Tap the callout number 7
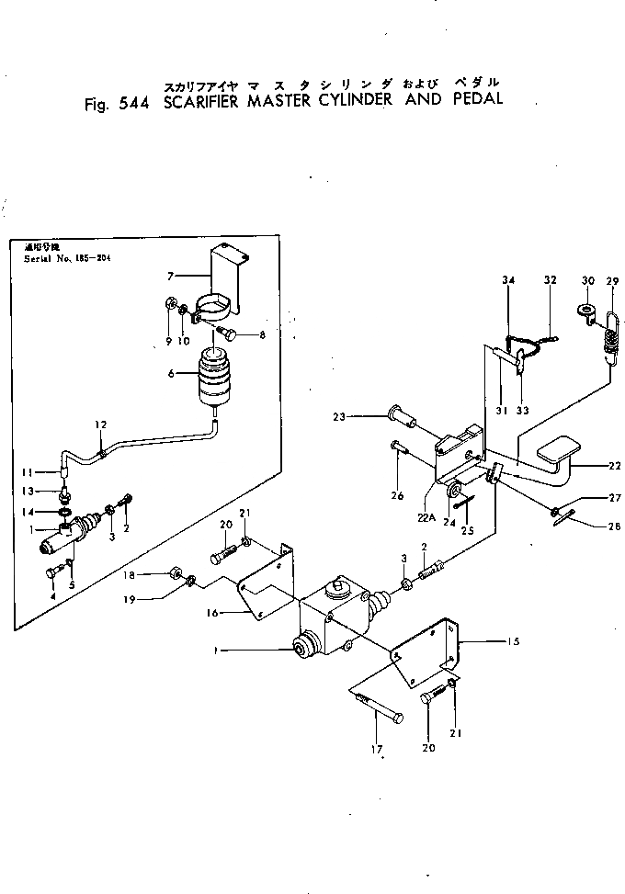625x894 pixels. (171, 274)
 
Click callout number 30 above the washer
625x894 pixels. (587, 279)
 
